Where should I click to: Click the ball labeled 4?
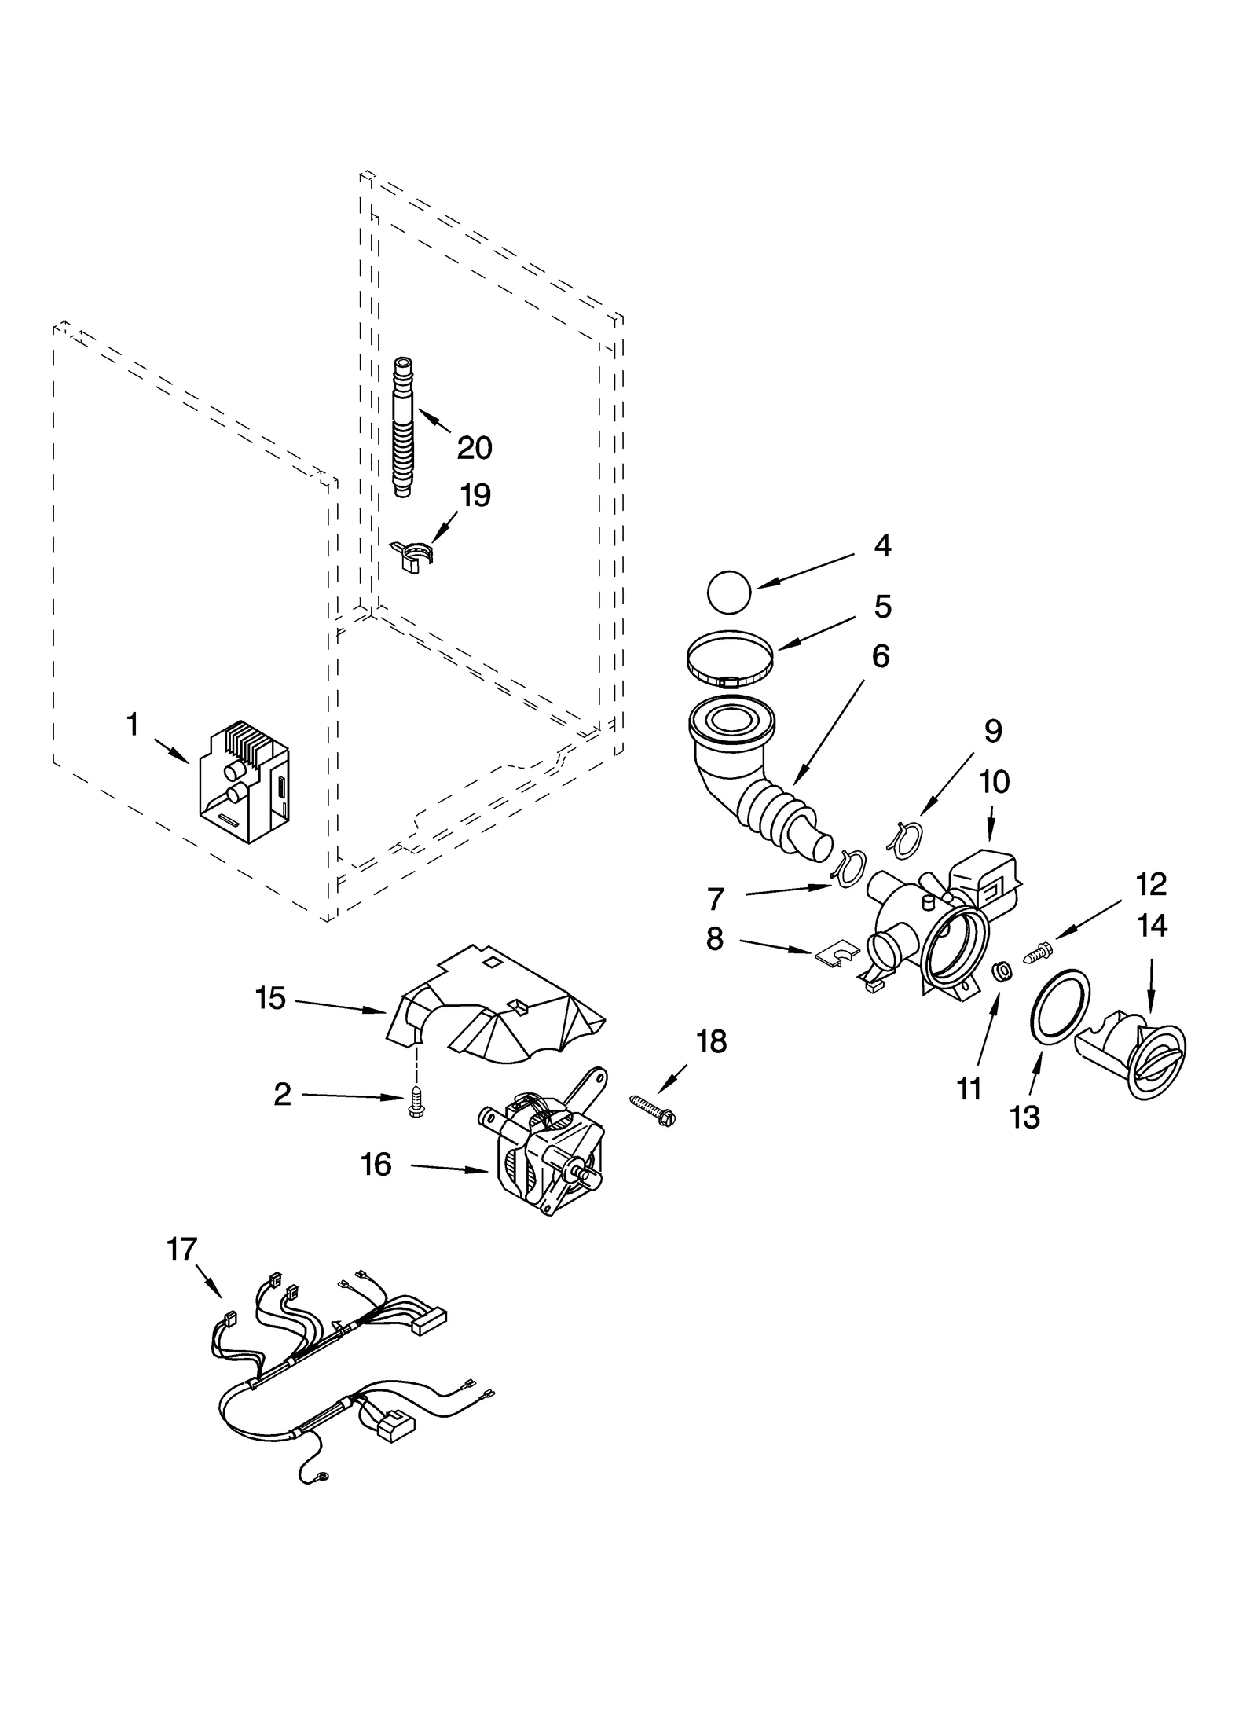(x=729, y=593)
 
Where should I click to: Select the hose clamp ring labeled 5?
(x=731, y=664)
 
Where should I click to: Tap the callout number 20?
(x=475, y=448)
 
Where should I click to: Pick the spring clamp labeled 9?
(x=900, y=835)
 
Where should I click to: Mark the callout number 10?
(x=994, y=782)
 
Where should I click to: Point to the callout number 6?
(x=880, y=657)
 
